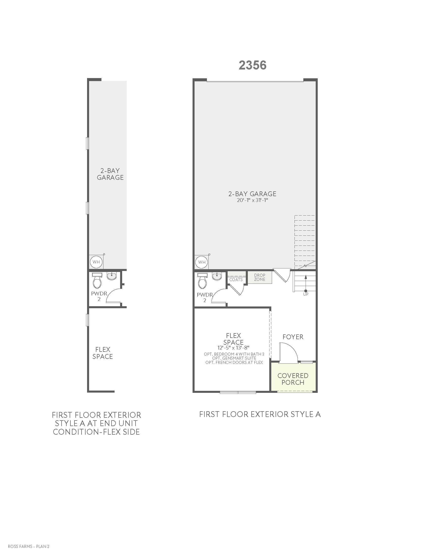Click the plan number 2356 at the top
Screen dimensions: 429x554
click(252, 65)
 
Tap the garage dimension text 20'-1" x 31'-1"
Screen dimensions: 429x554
click(252, 200)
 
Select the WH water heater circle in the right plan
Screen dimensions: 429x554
click(202, 262)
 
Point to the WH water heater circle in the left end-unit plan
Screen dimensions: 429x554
click(96, 262)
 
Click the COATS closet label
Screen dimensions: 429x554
click(236, 280)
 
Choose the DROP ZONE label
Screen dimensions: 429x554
click(260, 277)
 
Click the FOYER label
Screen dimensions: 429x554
click(293, 337)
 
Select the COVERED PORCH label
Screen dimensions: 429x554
click(293, 379)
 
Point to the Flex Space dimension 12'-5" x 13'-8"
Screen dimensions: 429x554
click(233, 348)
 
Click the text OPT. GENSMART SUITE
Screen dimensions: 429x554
click(234, 358)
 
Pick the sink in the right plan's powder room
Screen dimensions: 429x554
click(217, 276)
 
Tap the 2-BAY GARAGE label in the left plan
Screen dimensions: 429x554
click(110, 174)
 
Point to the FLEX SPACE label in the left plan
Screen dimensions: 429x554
click(102, 353)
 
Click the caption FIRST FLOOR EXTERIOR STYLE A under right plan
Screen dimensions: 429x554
click(260, 414)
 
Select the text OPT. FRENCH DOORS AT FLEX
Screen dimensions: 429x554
click(234, 362)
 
